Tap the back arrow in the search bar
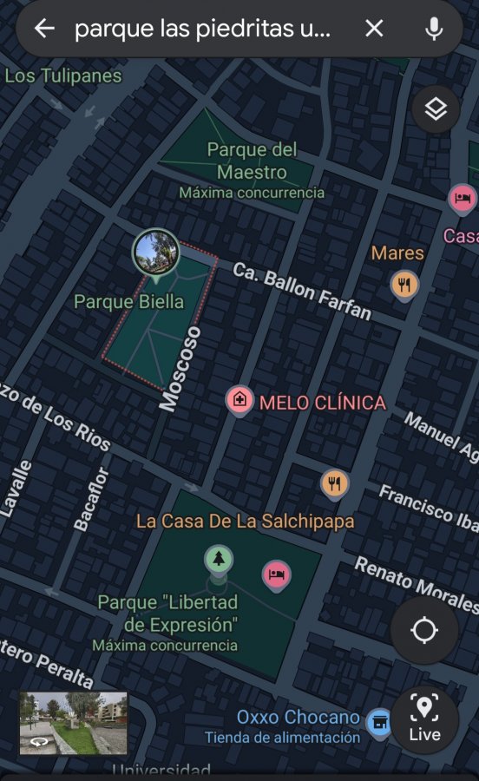(x=43, y=29)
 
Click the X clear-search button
(x=374, y=29)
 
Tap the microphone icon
(x=434, y=29)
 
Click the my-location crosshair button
(x=423, y=631)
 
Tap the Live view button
(x=424, y=718)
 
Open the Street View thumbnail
(x=74, y=723)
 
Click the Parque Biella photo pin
(x=156, y=253)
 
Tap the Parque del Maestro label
(x=252, y=161)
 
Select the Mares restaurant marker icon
(x=404, y=284)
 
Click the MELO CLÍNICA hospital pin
(x=239, y=401)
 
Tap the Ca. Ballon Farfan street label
(x=301, y=291)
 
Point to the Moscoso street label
(x=180, y=368)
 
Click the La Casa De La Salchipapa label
(x=245, y=522)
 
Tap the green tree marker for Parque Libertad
(x=219, y=559)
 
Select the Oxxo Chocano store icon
(x=379, y=719)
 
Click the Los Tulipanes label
(x=63, y=75)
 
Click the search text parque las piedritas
(x=203, y=29)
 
